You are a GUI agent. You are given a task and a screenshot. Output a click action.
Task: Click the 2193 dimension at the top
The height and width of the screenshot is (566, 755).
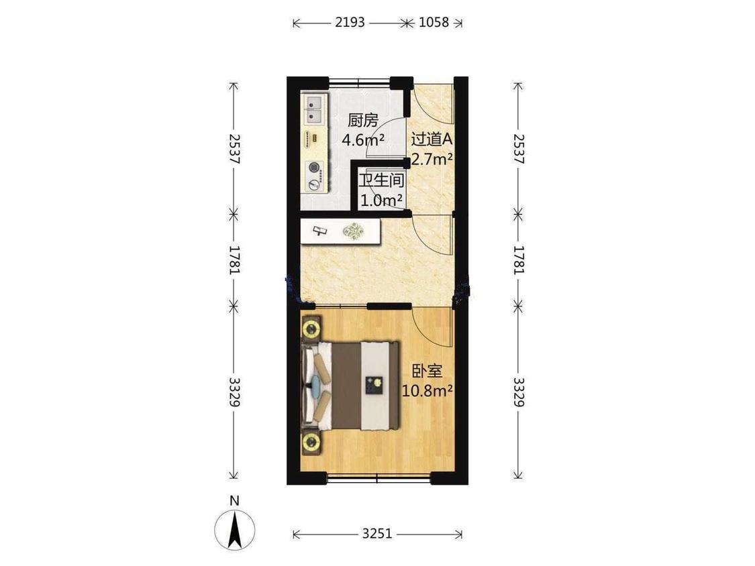pos(350,23)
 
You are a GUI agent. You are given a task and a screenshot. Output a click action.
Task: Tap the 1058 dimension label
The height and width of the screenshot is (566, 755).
pos(434,23)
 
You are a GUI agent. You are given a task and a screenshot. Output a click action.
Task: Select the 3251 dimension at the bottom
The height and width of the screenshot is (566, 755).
pos(377,534)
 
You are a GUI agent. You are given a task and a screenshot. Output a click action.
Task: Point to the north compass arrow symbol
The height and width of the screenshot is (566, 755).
pos(234,531)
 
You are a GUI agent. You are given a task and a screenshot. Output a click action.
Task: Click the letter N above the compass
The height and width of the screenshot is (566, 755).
pos(234,501)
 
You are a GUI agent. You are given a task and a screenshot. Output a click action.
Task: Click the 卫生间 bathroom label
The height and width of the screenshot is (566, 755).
pos(381,180)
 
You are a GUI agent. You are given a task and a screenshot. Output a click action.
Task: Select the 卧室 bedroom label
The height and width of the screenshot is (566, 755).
pos(427,371)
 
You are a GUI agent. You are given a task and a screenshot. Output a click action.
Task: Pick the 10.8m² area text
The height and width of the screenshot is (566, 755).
pos(427,390)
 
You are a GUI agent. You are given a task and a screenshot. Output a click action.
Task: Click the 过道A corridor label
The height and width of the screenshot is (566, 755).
pos(432,139)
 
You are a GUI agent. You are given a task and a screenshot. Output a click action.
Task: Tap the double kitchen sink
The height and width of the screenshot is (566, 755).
pos(315,109)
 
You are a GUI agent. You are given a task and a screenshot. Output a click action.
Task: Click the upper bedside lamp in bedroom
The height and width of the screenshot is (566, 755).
pos(311,329)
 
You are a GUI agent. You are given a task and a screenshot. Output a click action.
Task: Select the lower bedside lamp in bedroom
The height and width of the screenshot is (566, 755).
pos(311,441)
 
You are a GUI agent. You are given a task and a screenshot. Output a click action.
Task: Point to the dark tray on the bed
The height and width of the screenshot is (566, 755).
pos(374,385)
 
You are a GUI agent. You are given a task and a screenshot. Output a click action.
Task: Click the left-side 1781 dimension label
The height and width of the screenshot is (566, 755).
pos(234,260)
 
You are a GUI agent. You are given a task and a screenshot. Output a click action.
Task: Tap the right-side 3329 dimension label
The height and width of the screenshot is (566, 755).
pos(518,392)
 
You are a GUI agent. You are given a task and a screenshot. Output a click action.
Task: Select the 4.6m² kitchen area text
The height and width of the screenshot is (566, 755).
pos(363,139)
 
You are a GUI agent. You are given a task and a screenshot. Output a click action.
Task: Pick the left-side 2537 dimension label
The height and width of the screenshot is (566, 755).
pos(234,149)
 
